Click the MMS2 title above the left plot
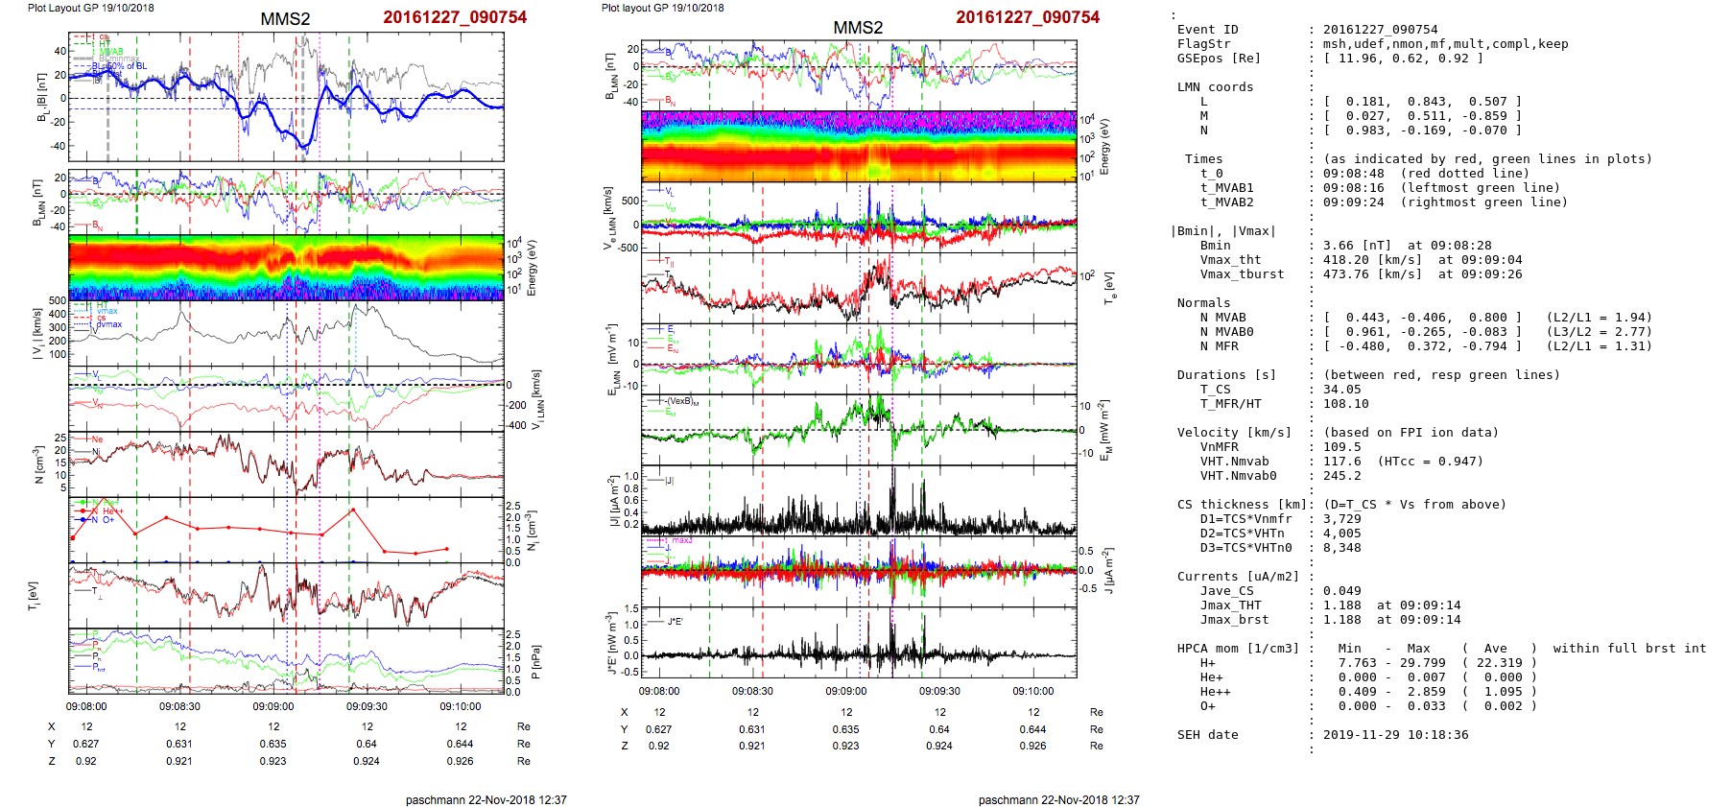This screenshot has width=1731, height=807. pyautogui.click(x=285, y=19)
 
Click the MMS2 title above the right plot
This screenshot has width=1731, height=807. pyautogui.click(x=858, y=28)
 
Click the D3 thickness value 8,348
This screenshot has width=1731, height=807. pyautogui.click(x=1342, y=548)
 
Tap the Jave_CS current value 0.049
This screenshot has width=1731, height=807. pyautogui.click(x=1342, y=591)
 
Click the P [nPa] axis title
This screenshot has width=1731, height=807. pyautogui.click(x=534, y=661)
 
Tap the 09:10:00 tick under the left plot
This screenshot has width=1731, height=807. pyautogui.click(x=461, y=706)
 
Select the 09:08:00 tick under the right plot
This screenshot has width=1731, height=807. pyautogui.click(x=659, y=691)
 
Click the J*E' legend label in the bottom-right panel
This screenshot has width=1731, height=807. pyautogui.click(x=676, y=622)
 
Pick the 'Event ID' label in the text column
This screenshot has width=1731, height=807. pyautogui.click(x=1207, y=30)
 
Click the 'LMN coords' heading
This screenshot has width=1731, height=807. pyautogui.click(x=1215, y=87)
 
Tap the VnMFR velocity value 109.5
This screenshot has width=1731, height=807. pyautogui.click(x=1342, y=447)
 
